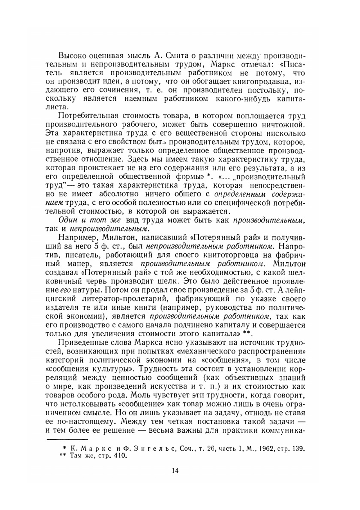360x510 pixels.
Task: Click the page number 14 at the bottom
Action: click(x=175, y=471)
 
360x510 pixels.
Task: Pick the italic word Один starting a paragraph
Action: click(x=68, y=220)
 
